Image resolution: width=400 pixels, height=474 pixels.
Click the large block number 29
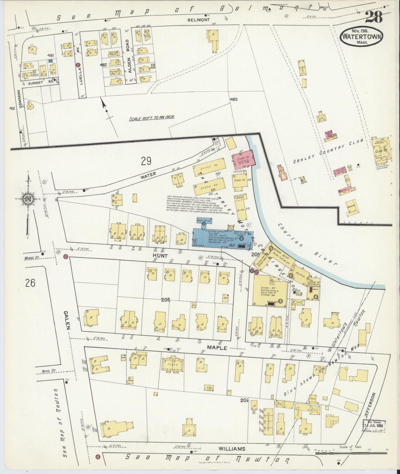[x=146, y=161]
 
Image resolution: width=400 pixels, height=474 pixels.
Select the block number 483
[x=233, y=99]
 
